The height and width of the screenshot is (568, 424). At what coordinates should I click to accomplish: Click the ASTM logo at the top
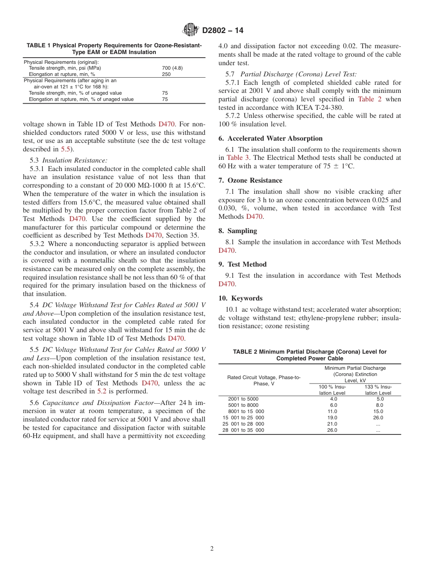click(191, 30)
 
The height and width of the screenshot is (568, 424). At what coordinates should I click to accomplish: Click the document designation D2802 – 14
click(223, 31)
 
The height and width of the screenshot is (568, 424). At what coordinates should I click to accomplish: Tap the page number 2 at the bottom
click(212, 548)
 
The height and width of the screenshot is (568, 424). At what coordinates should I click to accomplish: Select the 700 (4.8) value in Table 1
click(172, 68)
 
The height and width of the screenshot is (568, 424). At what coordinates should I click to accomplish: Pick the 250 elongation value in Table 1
click(166, 74)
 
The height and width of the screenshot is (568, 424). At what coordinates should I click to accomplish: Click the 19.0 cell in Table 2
click(333, 418)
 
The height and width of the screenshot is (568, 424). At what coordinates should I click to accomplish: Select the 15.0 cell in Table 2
click(378, 411)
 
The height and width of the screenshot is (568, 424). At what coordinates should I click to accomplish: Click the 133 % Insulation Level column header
click(378, 389)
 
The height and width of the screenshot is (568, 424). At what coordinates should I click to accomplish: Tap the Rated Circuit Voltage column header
click(264, 380)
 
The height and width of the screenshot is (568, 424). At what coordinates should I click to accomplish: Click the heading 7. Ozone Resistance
click(250, 180)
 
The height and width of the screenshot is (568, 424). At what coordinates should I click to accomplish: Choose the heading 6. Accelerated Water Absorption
click(270, 138)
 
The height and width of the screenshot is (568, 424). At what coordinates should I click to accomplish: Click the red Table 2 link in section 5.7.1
click(370, 99)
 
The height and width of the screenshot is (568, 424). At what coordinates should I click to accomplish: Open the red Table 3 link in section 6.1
click(235, 158)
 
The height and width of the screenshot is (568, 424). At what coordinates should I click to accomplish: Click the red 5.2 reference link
click(102, 391)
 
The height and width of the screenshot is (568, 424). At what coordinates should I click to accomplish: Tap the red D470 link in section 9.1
click(226, 284)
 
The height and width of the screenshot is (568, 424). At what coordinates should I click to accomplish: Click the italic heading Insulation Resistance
click(75, 160)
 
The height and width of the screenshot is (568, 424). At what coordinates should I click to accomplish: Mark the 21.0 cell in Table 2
click(333, 424)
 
